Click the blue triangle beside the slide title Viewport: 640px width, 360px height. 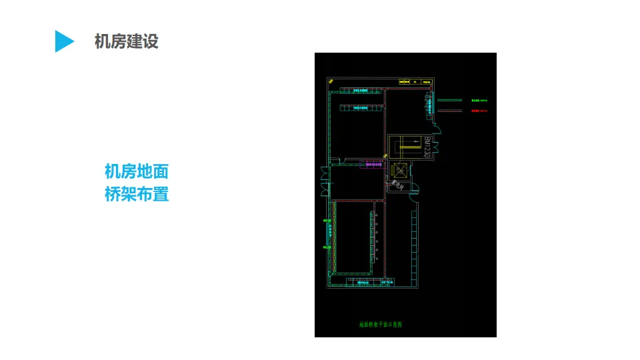tap(63, 41)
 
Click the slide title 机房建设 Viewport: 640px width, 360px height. tap(127, 41)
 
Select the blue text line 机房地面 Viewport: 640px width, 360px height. tap(137, 172)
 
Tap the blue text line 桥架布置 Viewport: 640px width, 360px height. tap(137, 195)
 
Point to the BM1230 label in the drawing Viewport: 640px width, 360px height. tap(427, 147)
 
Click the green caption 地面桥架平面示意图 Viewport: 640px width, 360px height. tap(381, 325)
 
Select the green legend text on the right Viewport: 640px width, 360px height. tap(479, 101)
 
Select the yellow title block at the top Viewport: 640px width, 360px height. tap(415, 82)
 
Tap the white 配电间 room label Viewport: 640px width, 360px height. tap(399, 184)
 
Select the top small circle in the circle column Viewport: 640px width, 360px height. tap(377, 215)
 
